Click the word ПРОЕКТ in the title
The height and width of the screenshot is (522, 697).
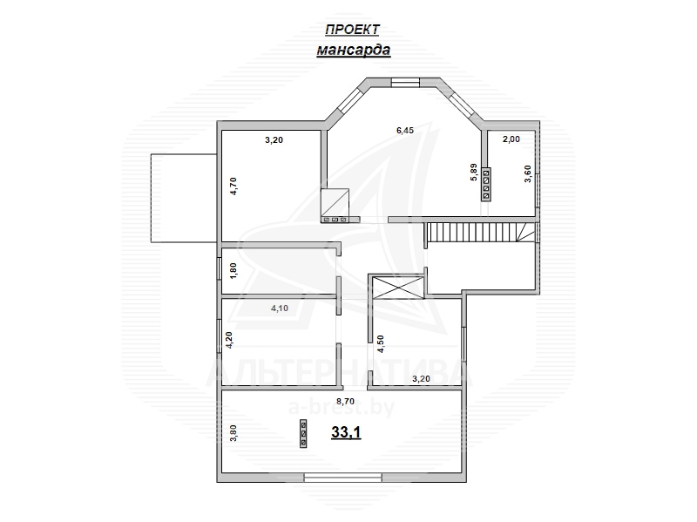[352, 30]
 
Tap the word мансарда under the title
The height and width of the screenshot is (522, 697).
[354, 50]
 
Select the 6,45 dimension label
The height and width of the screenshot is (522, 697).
[405, 130]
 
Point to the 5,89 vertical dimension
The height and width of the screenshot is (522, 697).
[473, 172]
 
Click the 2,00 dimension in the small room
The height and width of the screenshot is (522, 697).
[511, 139]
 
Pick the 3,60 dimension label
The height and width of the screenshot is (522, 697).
[528, 173]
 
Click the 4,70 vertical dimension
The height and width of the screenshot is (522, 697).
[233, 186]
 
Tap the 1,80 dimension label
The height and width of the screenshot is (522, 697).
[233, 271]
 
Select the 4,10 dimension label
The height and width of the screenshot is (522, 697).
[280, 308]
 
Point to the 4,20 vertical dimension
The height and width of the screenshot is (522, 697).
[229, 341]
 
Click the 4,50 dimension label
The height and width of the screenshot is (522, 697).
[380, 344]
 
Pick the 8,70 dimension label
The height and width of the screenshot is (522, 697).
[345, 401]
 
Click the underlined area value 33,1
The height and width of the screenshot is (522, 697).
[346, 431]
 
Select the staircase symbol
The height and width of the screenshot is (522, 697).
[481, 232]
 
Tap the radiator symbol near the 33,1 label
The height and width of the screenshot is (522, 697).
[303, 432]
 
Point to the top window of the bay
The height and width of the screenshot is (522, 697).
[405, 82]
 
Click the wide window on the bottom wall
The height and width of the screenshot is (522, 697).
[342, 478]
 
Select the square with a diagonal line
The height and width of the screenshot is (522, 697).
[335, 202]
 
